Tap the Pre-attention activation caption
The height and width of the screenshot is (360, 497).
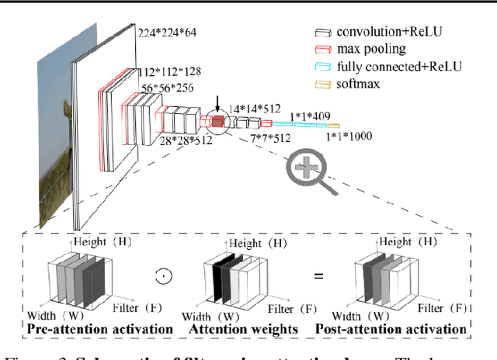pyautogui.click(x=100, y=329)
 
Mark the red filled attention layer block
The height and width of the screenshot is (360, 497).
pyautogui.click(x=218, y=120)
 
